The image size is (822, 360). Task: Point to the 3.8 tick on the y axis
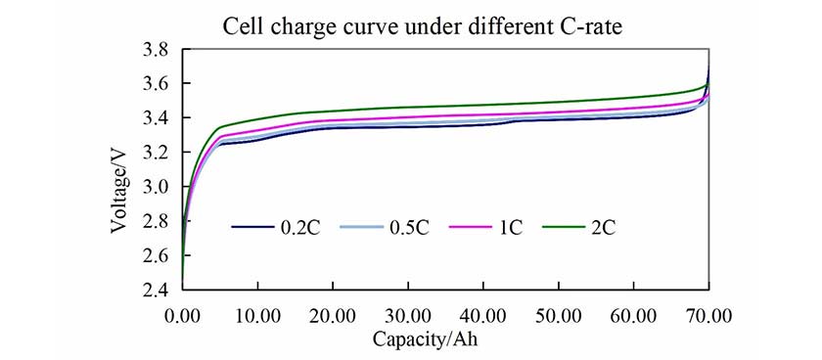pos(158,50)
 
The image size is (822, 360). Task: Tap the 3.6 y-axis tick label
pos(158,84)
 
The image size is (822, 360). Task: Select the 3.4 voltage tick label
pos(158,118)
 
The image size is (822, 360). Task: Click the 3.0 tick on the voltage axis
pos(158,187)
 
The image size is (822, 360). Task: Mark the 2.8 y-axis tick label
pos(158,221)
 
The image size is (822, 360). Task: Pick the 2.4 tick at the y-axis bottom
pos(158,290)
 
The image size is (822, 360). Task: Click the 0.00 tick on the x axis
pos(183,317)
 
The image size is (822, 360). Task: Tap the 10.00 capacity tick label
pos(257,317)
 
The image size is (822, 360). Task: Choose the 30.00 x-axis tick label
pos(408,317)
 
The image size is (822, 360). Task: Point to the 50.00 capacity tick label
pos(559,317)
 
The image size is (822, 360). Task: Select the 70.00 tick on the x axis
pos(708,317)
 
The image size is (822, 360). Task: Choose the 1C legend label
pos(510,228)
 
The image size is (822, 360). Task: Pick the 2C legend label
pos(602,228)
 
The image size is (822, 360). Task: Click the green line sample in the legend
pos(562,228)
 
